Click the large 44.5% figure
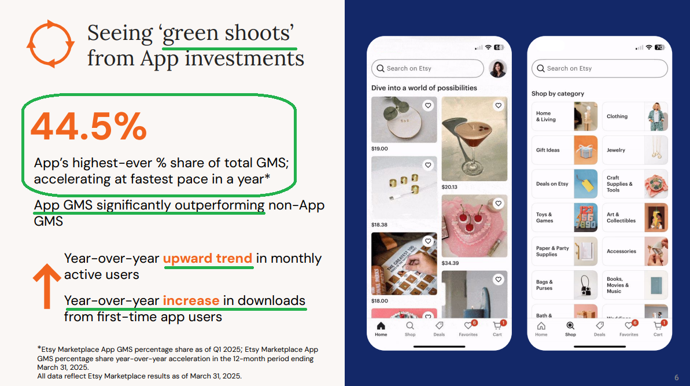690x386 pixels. point(88,126)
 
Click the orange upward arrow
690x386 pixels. point(47,286)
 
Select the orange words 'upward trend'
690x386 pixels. point(208,258)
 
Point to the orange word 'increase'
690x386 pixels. point(191,300)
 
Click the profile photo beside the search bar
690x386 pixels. point(498,69)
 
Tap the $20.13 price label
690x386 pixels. point(449,187)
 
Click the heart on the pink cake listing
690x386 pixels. point(498,203)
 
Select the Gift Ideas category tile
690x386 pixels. point(564,150)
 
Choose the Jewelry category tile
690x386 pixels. point(635,150)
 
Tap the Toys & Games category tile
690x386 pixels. point(564,218)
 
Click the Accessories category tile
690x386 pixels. point(635,251)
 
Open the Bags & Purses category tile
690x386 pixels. point(564,285)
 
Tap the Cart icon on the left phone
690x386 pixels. point(498,328)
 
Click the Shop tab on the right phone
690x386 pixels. point(570,329)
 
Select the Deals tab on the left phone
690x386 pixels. point(439,329)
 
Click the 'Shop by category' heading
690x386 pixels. point(558,94)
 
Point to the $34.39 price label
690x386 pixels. point(450,263)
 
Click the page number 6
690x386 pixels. point(676,378)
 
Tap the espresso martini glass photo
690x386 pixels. point(474,139)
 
